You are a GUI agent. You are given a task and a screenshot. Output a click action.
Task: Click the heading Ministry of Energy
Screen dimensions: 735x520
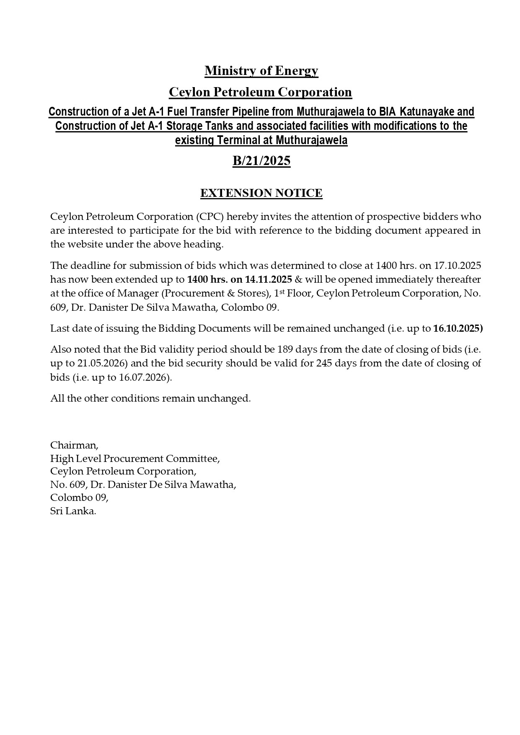[261, 71]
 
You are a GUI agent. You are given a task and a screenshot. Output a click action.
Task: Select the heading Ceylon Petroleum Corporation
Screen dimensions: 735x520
[260, 92]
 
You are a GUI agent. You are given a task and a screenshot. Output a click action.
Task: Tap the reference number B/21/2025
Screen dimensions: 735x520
[261, 161]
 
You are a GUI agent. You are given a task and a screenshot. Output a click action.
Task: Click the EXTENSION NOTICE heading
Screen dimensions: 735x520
[261, 193]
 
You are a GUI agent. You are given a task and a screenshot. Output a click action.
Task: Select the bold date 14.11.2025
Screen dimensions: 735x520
[269, 279]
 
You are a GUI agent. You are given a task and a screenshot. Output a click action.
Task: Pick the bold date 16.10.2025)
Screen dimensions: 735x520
[458, 328]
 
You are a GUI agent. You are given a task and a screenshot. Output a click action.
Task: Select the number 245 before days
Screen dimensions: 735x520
[325, 363]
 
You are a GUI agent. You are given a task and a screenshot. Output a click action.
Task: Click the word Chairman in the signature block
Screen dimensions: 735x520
[74, 445]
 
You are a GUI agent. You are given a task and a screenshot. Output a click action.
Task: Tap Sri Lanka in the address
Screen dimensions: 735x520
[73, 511]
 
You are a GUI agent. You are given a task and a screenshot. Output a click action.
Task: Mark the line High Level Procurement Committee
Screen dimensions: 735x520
[135, 459]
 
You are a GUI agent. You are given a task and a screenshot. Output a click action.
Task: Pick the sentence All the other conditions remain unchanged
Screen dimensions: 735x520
[150, 398]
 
